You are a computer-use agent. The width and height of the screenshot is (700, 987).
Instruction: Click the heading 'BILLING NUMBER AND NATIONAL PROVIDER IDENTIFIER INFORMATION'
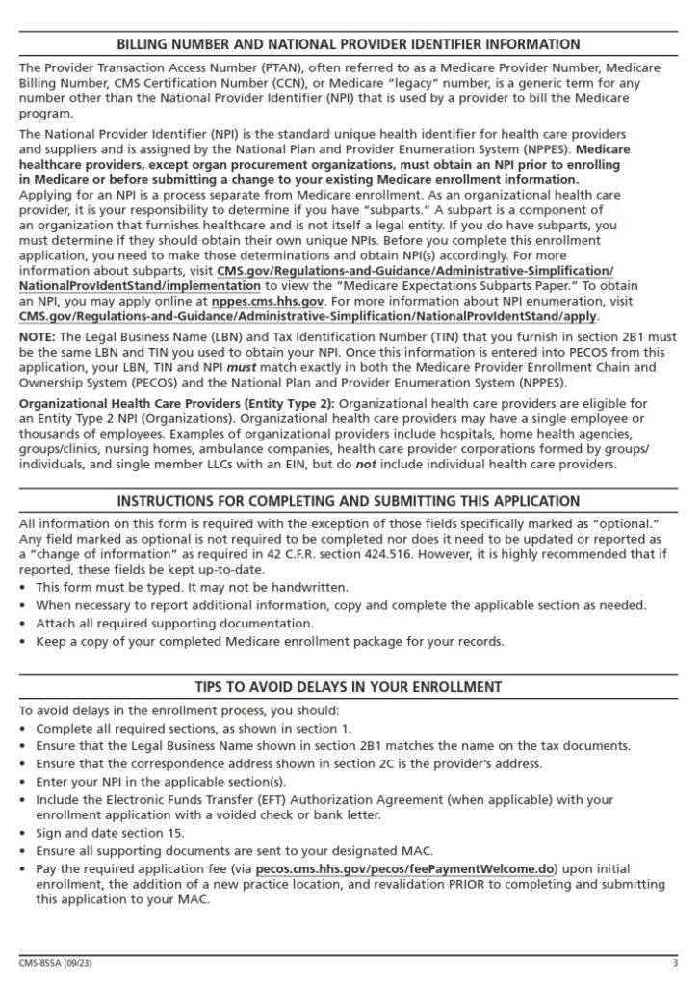348,44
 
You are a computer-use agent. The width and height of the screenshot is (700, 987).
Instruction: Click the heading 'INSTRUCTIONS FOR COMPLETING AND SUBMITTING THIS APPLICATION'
348,502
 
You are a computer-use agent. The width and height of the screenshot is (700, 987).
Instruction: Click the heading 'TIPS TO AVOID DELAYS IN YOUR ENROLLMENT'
348,687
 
